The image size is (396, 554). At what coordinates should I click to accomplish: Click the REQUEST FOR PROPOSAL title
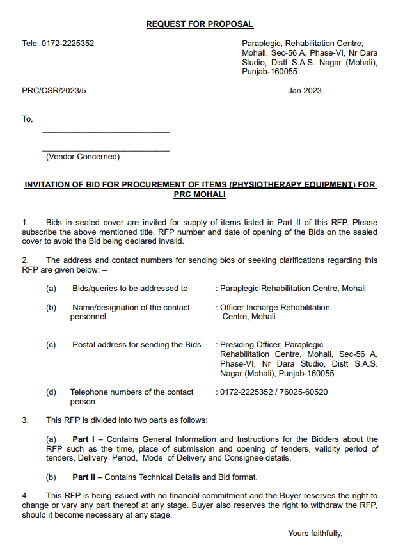point(200,24)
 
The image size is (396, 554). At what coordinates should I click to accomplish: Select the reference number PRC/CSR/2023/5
point(54,91)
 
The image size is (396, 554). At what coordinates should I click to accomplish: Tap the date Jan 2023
point(305,91)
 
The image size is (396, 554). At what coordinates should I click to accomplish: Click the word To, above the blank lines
point(27,119)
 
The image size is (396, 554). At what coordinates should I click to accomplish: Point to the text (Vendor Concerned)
point(83,157)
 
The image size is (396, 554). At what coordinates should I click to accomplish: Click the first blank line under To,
point(106,132)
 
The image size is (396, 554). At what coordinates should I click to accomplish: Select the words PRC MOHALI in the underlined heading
point(200,194)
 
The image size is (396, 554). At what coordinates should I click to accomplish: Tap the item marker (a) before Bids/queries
point(51,289)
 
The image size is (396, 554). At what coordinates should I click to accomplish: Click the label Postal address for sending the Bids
point(136,345)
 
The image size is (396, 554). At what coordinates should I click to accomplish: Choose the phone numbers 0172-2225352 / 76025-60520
point(274,392)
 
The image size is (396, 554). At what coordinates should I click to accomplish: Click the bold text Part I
point(84,439)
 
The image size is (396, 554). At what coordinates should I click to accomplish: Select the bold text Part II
point(85,477)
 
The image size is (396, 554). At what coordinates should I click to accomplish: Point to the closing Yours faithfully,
point(315,534)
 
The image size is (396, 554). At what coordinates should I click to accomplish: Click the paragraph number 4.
point(25,496)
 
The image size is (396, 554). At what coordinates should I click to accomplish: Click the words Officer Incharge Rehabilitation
point(275,308)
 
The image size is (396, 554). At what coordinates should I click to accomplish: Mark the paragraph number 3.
point(25,420)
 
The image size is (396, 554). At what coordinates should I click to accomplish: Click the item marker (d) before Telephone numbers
point(51,392)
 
